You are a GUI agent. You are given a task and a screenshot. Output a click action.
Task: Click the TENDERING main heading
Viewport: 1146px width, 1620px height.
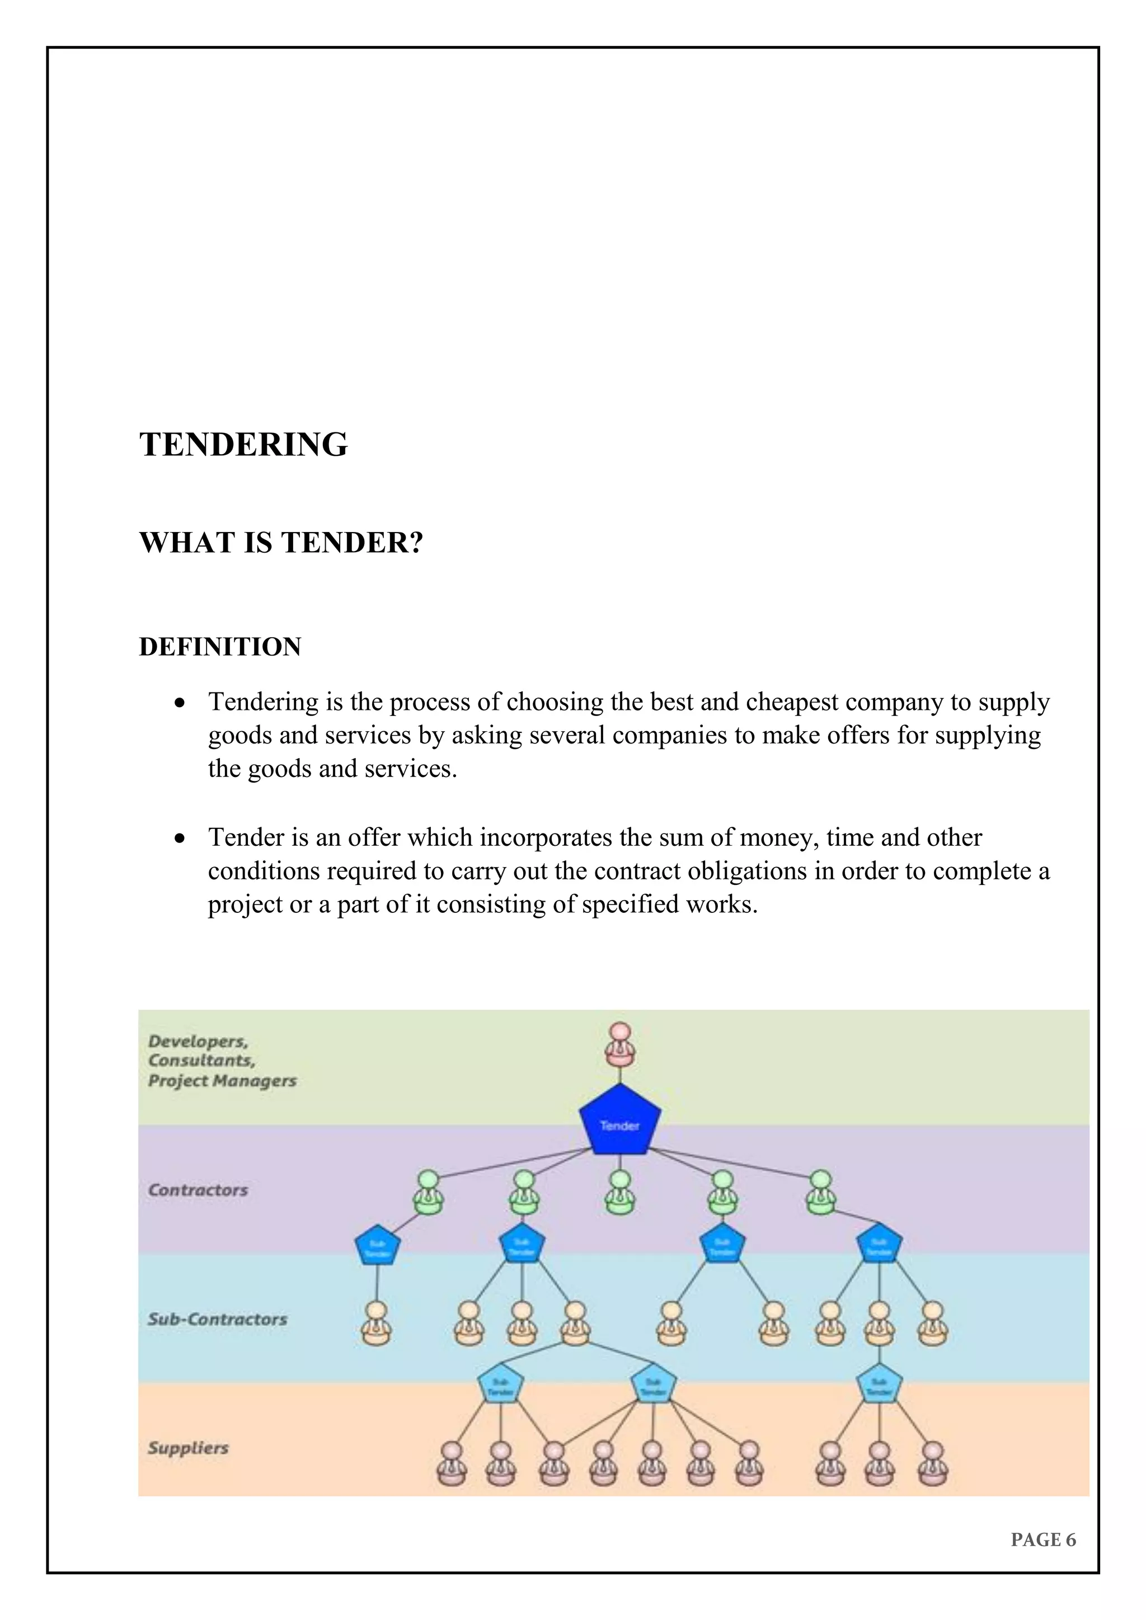point(243,445)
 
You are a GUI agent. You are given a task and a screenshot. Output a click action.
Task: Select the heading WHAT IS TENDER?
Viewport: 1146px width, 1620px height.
point(281,543)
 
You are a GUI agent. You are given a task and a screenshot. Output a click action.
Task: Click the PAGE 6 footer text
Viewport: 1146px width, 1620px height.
point(1043,1539)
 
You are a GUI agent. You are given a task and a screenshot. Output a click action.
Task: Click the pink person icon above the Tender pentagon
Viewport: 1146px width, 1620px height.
point(619,1045)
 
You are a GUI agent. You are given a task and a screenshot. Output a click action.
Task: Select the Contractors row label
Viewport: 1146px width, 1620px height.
point(198,1190)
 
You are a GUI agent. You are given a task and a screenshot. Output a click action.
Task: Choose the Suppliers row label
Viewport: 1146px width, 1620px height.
point(187,1448)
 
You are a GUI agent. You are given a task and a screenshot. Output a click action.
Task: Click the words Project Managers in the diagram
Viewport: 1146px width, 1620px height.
point(222,1081)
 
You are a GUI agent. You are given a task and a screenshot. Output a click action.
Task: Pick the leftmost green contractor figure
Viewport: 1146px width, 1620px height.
point(428,1192)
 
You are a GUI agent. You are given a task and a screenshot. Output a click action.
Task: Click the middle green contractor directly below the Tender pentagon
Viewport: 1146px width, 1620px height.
point(619,1192)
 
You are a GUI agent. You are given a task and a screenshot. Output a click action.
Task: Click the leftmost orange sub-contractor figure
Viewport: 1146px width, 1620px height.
point(377,1324)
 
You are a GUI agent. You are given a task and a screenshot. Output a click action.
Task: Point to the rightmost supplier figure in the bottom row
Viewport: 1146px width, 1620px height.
point(932,1463)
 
